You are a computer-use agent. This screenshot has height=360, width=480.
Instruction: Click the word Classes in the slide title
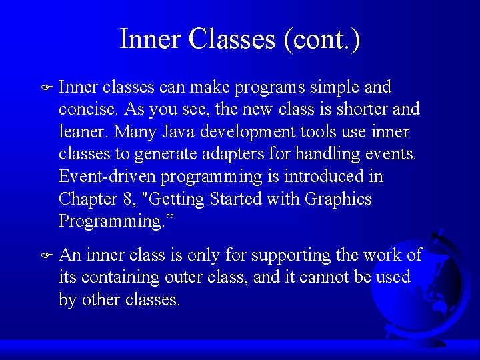click(232, 39)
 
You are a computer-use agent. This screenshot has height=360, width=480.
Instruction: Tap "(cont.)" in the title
click(322, 39)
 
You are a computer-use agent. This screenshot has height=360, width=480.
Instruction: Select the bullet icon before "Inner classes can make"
click(46, 87)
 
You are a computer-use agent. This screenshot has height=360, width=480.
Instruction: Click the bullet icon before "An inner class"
click(46, 255)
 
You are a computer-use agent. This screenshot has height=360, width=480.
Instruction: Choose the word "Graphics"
click(338, 199)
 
